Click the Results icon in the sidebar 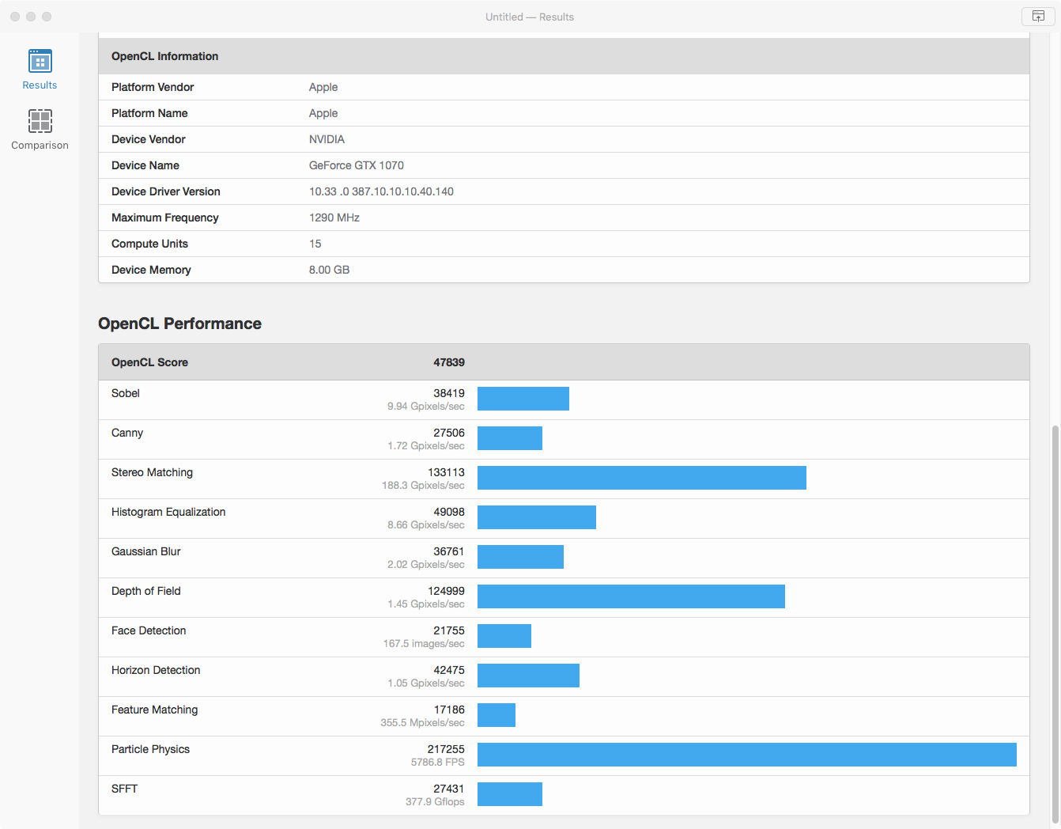click(40, 62)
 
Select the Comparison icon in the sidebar click(40, 121)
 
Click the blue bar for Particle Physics click(746, 755)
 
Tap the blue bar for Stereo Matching click(641, 478)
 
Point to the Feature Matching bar click(496, 715)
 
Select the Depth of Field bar click(631, 596)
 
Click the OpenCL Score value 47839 click(448, 362)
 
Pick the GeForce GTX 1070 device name click(356, 165)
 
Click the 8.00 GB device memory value click(329, 270)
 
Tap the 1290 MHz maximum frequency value click(334, 218)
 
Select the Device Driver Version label click(165, 191)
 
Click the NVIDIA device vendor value click(327, 139)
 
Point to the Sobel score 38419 click(448, 393)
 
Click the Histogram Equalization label click(168, 512)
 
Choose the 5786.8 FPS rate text click(437, 763)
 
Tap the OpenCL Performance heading click(179, 324)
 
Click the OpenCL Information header click(164, 56)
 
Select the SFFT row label click(124, 789)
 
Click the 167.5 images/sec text click(424, 644)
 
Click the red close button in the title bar click(15, 17)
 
